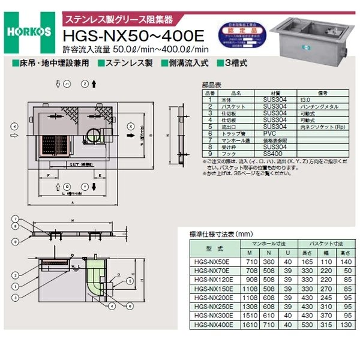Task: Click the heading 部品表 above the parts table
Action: [212, 85]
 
